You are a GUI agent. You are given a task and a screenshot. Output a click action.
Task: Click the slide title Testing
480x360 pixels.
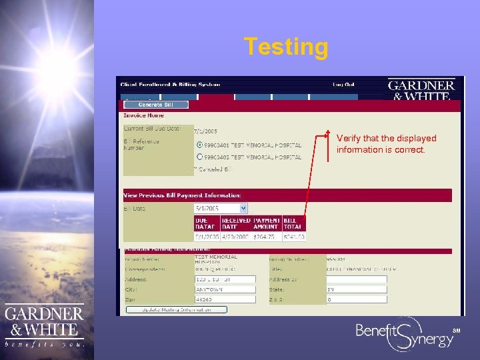pos(286,47)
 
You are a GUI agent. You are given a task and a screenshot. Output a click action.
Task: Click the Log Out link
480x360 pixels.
pos(344,85)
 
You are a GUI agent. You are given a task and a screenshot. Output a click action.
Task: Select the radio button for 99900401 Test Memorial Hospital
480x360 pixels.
pos(200,145)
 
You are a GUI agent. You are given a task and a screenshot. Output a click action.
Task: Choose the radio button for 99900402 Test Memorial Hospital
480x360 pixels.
pos(200,157)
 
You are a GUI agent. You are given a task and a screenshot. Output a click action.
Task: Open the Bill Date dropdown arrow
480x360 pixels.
pos(243,208)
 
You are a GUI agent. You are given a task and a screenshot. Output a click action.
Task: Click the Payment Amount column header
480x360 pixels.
pos(267,223)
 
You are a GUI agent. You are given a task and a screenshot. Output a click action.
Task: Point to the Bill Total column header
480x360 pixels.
pos(294,223)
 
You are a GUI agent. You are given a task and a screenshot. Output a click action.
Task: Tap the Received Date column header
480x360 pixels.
pos(236,223)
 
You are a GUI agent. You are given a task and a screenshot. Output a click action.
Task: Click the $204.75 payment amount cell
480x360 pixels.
pos(267,237)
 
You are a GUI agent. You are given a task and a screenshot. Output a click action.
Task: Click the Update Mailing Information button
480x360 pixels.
pos(176,309)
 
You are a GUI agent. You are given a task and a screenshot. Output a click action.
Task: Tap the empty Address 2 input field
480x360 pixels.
pos(356,279)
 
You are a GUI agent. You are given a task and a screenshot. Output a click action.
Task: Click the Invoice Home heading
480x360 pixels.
pos(144,115)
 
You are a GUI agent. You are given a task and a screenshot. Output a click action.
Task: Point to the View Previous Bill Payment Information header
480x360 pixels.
pos(183,195)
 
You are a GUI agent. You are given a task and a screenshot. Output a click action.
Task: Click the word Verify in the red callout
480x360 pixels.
pos(348,139)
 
